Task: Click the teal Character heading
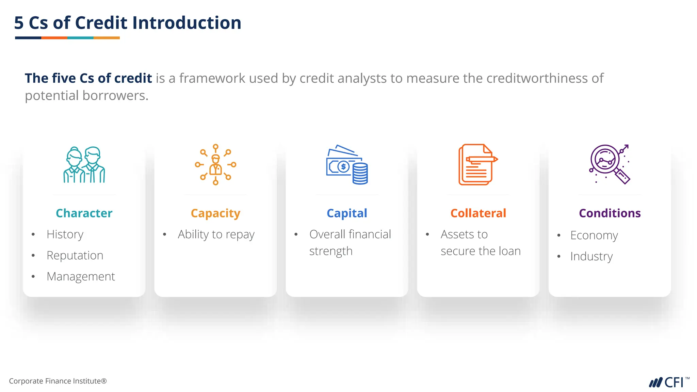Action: (x=84, y=213)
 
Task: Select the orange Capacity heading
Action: (x=215, y=213)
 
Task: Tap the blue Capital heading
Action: (x=347, y=213)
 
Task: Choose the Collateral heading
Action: (x=478, y=213)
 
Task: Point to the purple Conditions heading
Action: (x=610, y=213)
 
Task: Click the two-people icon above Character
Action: (x=84, y=165)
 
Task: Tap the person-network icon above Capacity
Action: (x=215, y=165)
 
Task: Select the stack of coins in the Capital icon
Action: (x=360, y=174)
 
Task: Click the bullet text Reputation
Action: (x=75, y=256)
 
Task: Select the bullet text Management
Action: (x=81, y=277)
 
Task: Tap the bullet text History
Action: (x=65, y=234)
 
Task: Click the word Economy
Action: (x=594, y=235)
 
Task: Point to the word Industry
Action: (x=591, y=257)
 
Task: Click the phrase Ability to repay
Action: (x=216, y=234)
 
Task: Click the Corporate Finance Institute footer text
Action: (x=58, y=381)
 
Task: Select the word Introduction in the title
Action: (x=187, y=23)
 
